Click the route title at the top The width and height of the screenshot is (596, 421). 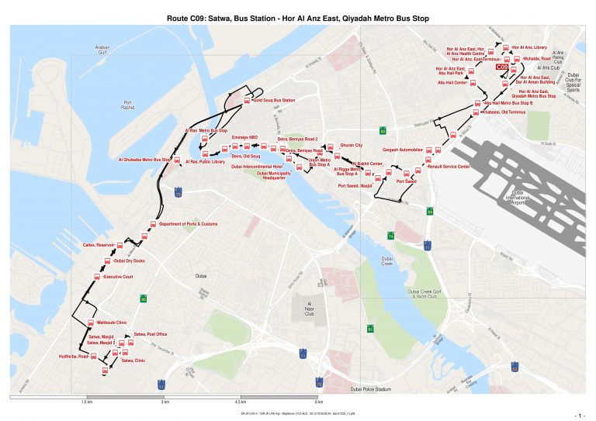pos(298,16)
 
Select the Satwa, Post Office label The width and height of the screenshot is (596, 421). pos(151,334)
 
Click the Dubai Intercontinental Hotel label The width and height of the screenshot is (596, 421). pos(257,167)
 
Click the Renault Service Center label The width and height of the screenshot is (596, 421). pos(449,166)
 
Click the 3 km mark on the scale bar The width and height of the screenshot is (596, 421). pos(164,403)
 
